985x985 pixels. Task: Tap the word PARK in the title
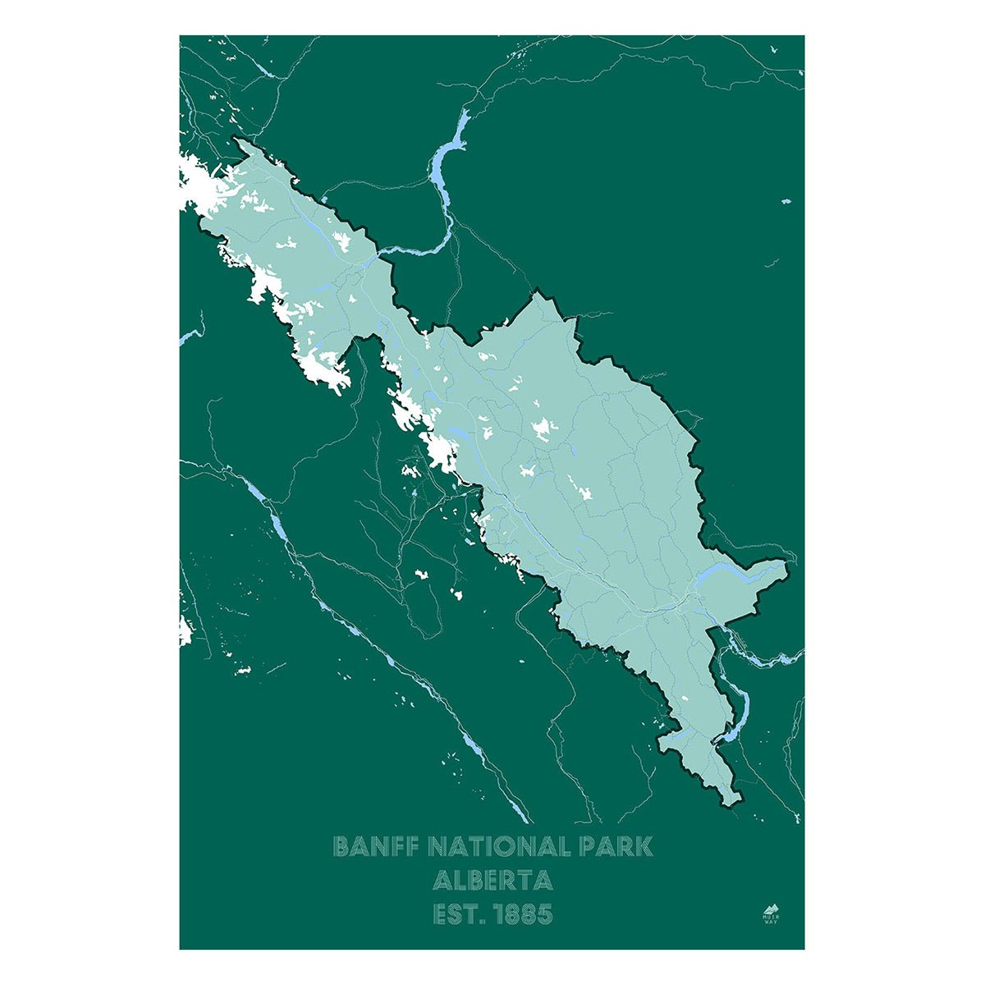coord(617,846)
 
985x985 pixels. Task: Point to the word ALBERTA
coord(492,881)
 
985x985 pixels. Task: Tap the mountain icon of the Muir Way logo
coord(769,908)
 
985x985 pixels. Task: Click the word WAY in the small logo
coord(769,922)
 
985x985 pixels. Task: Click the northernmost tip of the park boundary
coord(238,140)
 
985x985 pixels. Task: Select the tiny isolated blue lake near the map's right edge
coord(786,201)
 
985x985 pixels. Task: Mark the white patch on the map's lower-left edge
coord(185,630)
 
